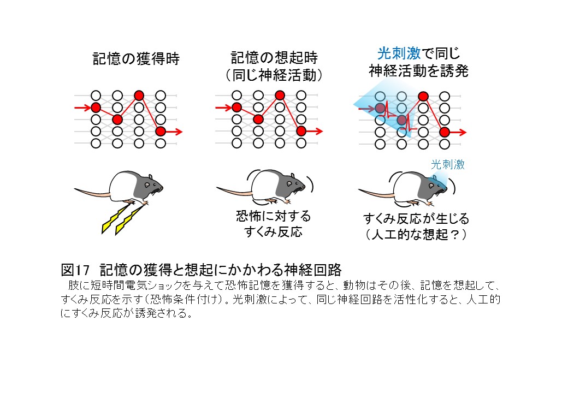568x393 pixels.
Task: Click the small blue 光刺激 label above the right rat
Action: click(448, 164)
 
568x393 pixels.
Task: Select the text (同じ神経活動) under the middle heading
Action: click(274, 75)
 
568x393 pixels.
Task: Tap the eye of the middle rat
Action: click(293, 182)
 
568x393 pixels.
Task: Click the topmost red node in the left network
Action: click(139, 96)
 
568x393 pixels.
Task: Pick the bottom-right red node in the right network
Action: click(445, 132)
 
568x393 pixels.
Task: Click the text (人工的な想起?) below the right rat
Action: click(416, 234)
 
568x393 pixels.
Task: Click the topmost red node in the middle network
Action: click(280, 96)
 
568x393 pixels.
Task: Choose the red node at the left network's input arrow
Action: click(96, 107)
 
